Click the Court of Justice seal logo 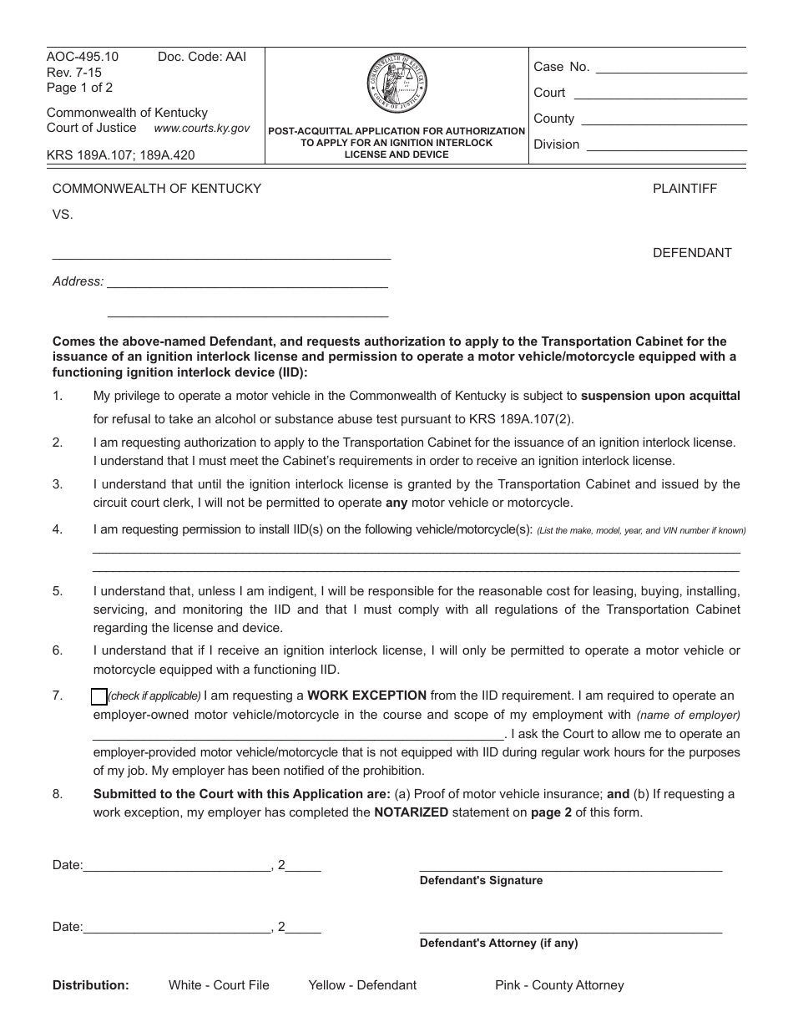coord(396,84)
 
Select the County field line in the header coord(663,125)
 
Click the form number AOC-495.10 coord(83,57)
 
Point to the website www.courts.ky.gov coord(202,129)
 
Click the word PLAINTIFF coord(684,189)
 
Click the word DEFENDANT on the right coord(692,253)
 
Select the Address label coord(78,281)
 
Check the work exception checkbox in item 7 coord(98,696)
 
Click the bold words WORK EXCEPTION coord(366,695)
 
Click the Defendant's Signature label coord(481,880)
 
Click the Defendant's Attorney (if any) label coord(498,943)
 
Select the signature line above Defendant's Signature coord(570,871)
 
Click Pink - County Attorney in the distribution coord(559,985)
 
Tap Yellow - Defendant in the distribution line coord(362,985)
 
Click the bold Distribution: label coord(91,985)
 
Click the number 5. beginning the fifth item coord(58,591)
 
